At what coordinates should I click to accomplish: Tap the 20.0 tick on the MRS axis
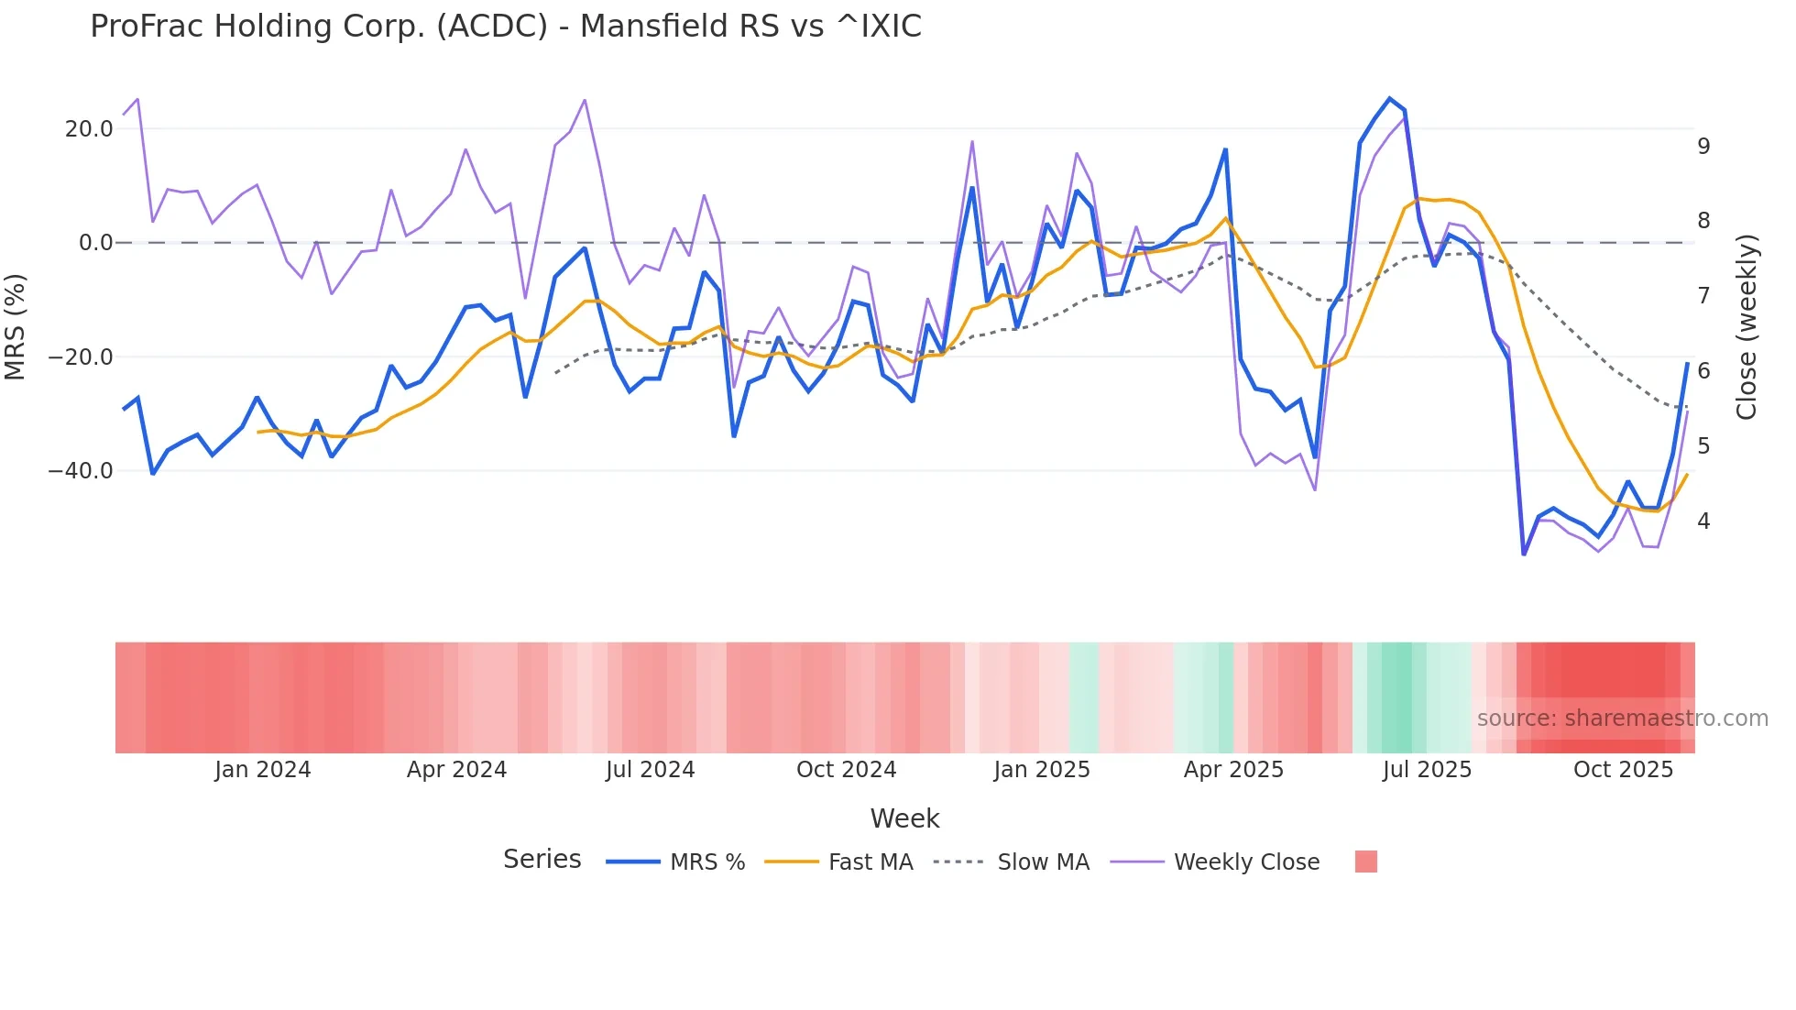[89, 129]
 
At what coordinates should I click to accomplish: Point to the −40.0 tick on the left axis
[81, 471]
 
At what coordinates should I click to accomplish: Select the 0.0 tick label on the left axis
[95, 243]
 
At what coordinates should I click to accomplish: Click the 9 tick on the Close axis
[1703, 147]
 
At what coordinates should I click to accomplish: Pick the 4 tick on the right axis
[1703, 521]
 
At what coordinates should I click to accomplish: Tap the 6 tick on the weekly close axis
[1703, 371]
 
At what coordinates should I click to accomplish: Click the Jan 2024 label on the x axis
[263, 770]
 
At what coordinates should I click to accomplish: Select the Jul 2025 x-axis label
[1427, 770]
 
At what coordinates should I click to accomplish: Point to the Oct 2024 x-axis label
[846, 770]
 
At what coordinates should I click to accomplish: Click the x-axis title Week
[904, 818]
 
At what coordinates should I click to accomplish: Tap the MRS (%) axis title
[16, 327]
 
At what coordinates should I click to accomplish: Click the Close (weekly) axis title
[1747, 327]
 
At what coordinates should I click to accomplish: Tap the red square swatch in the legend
[1365, 862]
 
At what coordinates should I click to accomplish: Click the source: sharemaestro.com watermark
[1622, 719]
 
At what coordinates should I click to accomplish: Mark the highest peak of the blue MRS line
[1389, 99]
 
